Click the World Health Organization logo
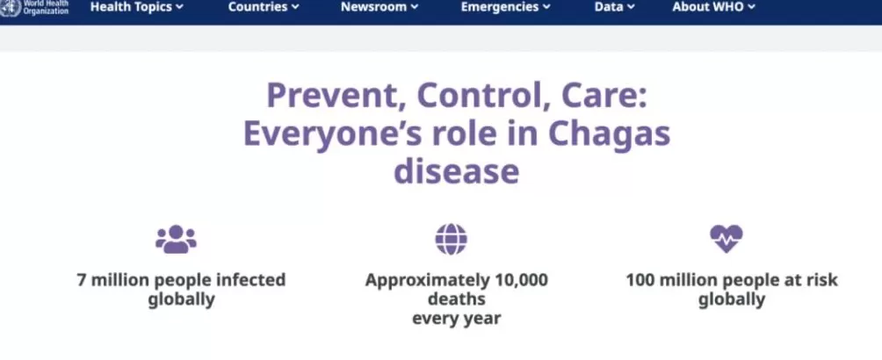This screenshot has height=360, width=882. point(34,8)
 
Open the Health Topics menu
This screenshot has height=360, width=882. point(137,7)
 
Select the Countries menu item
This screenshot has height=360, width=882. point(264,7)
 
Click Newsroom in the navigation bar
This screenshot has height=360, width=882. point(380,7)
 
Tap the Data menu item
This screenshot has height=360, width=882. point(614,7)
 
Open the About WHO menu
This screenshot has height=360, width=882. point(714,7)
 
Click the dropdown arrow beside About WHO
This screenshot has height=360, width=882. point(751,8)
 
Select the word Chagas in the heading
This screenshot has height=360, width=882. point(609,135)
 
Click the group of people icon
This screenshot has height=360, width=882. point(176,239)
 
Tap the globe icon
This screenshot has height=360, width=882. point(452,239)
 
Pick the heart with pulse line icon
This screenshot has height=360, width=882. point(727,239)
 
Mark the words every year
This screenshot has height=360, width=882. point(456,319)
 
